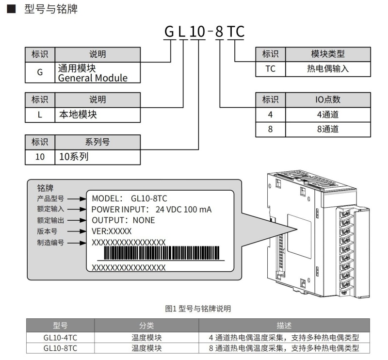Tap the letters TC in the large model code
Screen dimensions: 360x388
(x=236, y=33)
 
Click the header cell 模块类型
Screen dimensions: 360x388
(x=328, y=53)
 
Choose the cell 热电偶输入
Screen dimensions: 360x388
(x=328, y=68)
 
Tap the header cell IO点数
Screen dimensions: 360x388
(x=328, y=99)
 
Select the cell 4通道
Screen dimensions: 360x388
(x=328, y=115)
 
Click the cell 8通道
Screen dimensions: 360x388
(x=328, y=129)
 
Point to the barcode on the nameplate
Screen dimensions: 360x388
(x=162, y=254)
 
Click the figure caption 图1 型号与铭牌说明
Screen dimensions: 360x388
(x=198, y=308)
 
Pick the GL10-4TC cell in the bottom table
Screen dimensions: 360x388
(x=60, y=337)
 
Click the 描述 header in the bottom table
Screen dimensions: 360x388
(x=284, y=325)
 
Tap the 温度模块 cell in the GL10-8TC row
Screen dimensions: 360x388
(x=146, y=348)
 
